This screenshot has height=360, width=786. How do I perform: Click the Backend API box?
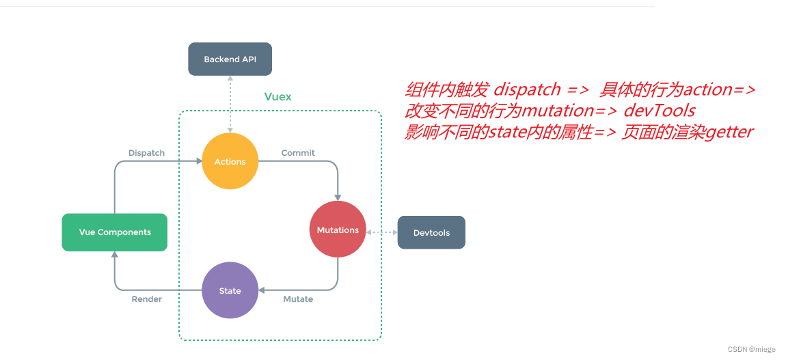pos(230,59)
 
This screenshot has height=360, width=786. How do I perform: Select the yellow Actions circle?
pos(230,161)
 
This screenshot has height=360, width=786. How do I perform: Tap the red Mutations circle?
pos(338,230)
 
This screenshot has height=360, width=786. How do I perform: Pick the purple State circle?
pos(230,290)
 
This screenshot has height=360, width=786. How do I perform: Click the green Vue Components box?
pos(115,232)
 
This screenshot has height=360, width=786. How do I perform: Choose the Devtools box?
pos(431,232)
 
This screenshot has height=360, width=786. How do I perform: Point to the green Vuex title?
pos(277,97)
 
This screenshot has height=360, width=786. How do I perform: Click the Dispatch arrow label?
pos(146,153)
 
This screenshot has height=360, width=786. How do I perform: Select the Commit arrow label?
pos(298,153)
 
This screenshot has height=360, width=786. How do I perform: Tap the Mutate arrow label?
pos(298,299)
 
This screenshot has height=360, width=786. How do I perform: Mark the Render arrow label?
pos(147,299)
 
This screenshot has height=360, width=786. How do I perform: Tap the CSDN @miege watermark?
pos(751,349)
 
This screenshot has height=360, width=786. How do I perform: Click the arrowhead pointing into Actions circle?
pos(199,161)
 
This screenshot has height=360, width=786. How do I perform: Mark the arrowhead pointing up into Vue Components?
pos(115,255)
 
